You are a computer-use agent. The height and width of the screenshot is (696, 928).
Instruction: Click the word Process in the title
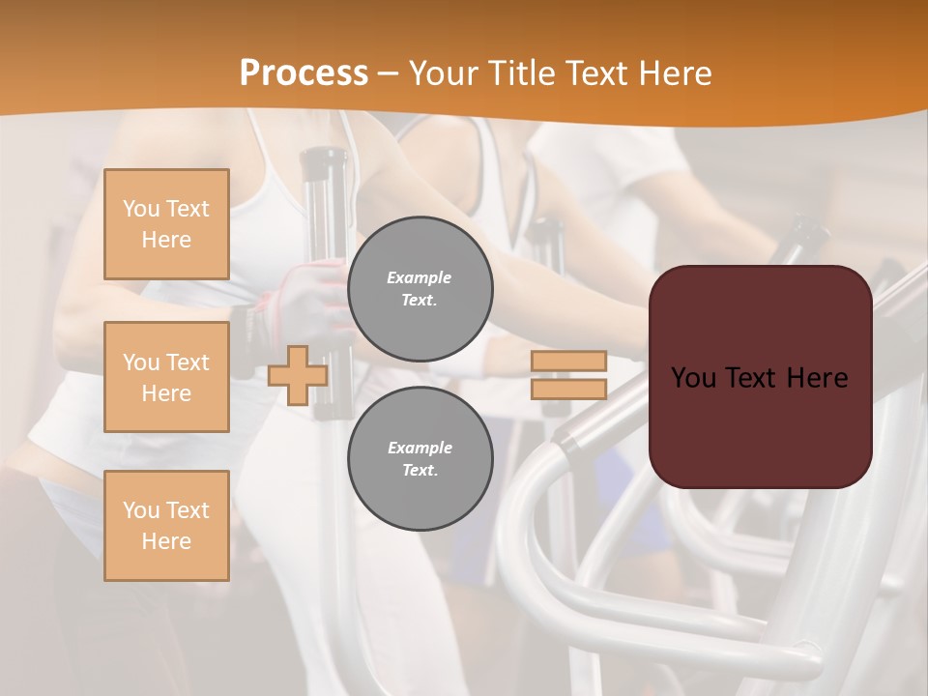click(x=304, y=73)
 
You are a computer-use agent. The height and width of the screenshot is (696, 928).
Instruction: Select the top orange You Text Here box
click(x=166, y=224)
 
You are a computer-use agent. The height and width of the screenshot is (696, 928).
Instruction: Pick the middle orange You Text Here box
click(x=166, y=377)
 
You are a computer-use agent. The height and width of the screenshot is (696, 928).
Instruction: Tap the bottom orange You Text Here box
click(x=166, y=526)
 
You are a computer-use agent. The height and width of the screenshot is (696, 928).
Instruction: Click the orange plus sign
click(x=298, y=375)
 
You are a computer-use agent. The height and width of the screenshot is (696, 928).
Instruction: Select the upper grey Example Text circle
click(x=420, y=289)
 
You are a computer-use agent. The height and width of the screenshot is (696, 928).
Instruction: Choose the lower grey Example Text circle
click(x=420, y=459)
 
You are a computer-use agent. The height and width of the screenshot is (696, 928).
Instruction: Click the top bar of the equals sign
click(x=568, y=361)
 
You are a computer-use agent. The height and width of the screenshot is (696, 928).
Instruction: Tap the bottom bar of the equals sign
click(x=568, y=389)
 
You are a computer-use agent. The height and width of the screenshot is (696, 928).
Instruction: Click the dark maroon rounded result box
click(x=760, y=425)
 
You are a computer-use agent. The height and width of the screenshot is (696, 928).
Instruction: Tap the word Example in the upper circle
click(x=420, y=277)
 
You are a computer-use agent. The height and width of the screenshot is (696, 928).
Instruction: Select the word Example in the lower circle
click(x=420, y=448)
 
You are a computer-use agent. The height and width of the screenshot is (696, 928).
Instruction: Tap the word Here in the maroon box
click(x=819, y=378)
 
